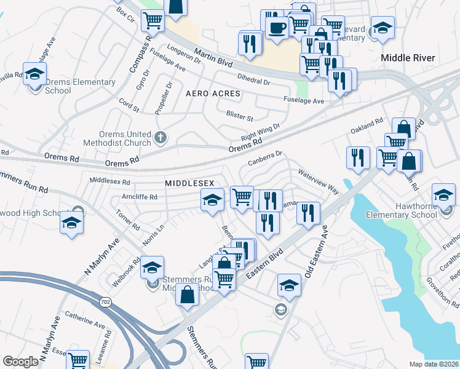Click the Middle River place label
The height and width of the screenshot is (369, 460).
(x=408, y=58)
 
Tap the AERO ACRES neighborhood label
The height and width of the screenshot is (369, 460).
(x=213, y=93)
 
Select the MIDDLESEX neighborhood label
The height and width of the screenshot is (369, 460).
(x=189, y=184)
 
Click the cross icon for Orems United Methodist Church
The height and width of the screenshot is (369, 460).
(x=161, y=137)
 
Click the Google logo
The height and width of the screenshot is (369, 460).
(x=20, y=362)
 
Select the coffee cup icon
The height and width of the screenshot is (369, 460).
(x=276, y=27)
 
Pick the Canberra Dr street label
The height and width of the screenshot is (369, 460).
(x=264, y=159)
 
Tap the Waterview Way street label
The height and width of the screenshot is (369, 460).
(x=319, y=181)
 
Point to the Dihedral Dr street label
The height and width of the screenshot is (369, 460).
(x=253, y=78)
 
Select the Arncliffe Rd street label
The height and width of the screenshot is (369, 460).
(x=140, y=197)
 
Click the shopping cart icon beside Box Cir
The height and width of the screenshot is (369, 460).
(x=153, y=20)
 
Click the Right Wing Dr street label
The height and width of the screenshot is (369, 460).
(x=260, y=131)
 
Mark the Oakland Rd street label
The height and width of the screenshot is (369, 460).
(x=367, y=126)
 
